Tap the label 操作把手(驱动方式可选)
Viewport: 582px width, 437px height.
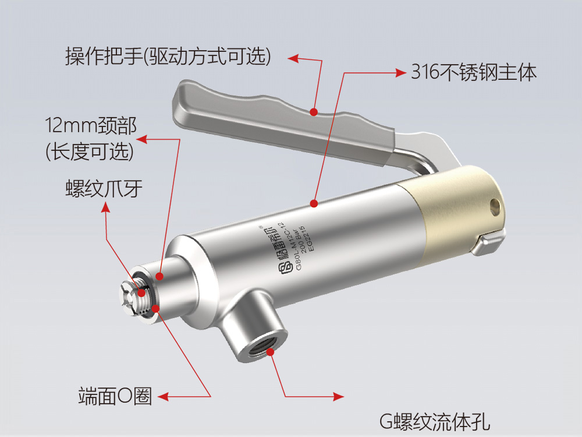point(168,57)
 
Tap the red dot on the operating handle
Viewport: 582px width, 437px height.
point(314,111)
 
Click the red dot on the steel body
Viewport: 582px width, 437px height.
point(314,203)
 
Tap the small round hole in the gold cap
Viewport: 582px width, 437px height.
point(495,205)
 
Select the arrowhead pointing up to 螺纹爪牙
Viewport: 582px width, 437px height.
point(105,207)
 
